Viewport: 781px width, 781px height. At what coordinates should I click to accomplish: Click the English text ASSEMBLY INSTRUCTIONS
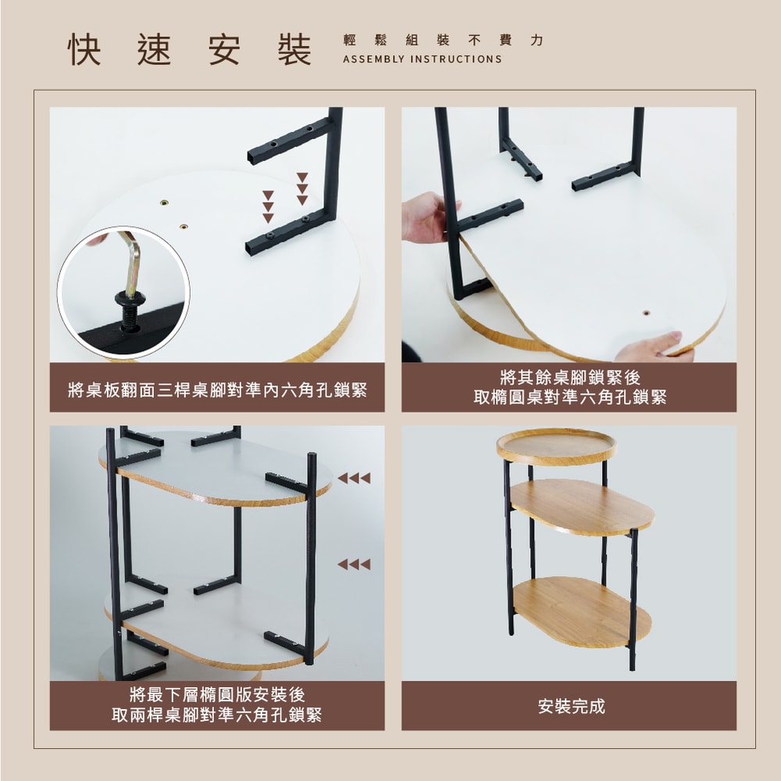pos(423,59)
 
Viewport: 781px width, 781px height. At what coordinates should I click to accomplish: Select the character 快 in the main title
pos(84,50)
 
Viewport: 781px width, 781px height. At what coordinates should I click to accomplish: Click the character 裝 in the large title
pos(294,50)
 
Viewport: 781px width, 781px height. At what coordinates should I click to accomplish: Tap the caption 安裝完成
pos(572,706)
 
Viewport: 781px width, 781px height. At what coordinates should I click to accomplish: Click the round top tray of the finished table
pos(556,446)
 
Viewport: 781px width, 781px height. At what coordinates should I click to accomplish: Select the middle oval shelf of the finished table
pos(582,507)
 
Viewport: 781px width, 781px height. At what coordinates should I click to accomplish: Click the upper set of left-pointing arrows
pos(354,478)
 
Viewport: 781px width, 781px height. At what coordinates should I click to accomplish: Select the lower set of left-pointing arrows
pos(354,564)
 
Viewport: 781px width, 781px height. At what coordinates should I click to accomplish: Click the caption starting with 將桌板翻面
pos(217,390)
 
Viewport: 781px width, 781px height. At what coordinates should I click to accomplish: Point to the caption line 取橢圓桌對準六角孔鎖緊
pos(570,397)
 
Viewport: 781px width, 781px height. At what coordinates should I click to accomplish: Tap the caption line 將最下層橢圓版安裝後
pos(217,694)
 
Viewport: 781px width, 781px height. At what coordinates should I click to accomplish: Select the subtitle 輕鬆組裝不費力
pos(444,40)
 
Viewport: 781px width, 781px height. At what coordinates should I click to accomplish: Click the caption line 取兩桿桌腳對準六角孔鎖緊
pos(217,715)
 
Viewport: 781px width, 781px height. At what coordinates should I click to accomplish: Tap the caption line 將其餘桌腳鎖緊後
pos(570,377)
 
